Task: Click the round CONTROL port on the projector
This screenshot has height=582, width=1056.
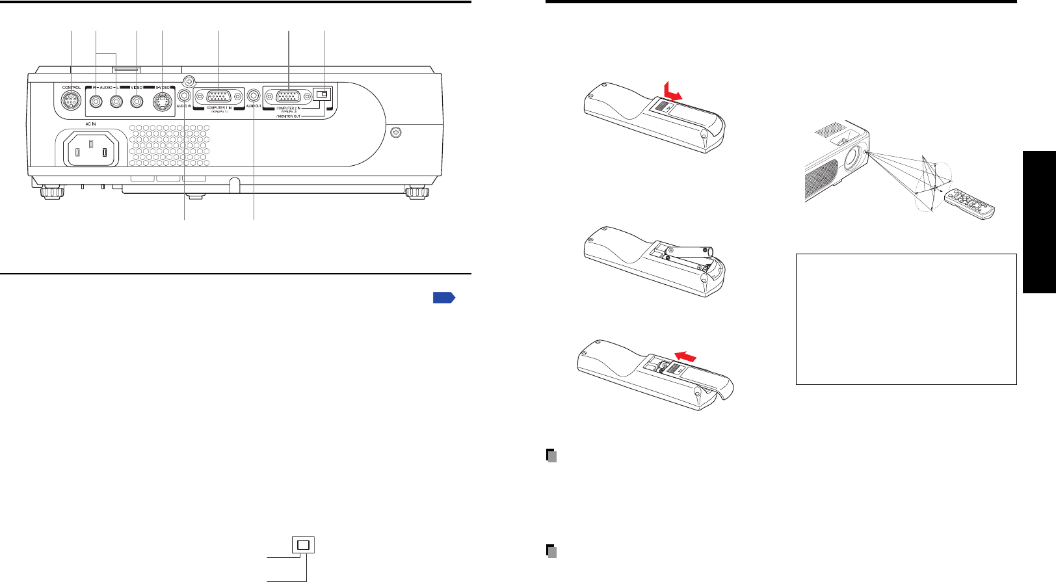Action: click(x=70, y=101)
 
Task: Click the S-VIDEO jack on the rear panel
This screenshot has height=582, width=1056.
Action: click(x=161, y=101)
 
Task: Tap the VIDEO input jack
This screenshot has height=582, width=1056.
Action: click(x=137, y=101)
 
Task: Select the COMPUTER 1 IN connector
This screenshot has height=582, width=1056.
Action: click(x=218, y=96)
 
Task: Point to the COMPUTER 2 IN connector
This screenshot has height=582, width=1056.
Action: click(x=288, y=97)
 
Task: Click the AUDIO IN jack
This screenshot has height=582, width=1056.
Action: click(x=184, y=95)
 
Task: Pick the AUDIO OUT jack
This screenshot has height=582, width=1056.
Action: click(x=254, y=95)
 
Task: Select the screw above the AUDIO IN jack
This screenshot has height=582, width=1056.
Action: click(x=189, y=81)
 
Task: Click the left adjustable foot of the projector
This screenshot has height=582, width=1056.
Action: click(x=50, y=192)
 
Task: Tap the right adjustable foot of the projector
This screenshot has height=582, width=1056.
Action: click(x=416, y=192)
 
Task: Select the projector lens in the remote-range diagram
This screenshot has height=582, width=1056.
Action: click(x=854, y=156)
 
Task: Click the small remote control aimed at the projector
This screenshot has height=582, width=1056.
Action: click(x=970, y=203)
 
